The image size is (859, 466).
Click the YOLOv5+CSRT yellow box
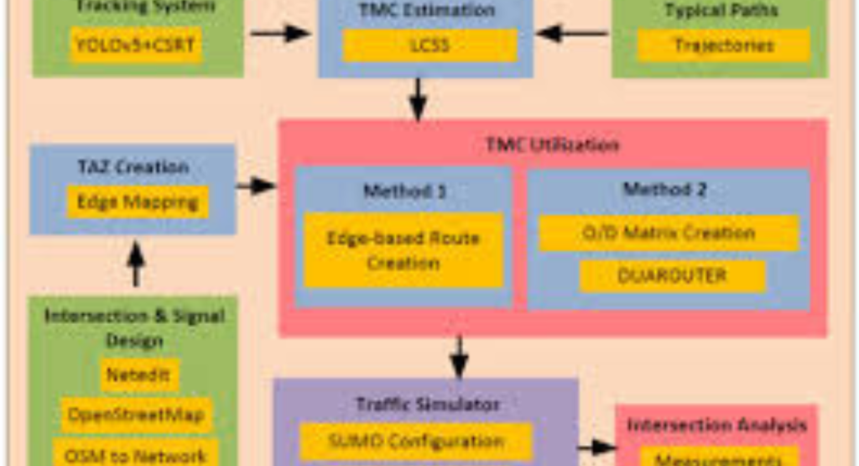click(x=136, y=45)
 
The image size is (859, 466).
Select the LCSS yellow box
click(x=429, y=45)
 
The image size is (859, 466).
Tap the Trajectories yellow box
click(x=723, y=45)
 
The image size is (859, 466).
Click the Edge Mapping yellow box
click(x=138, y=202)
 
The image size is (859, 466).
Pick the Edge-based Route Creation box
click(x=403, y=250)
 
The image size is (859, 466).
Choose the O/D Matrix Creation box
click(x=668, y=233)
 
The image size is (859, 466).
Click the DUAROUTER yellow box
click(x=672, y=275)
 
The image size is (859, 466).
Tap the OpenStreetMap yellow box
click(x=136, y=415)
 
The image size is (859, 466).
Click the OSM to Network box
click(x=136, y=454)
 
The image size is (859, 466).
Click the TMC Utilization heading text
click(x=552, y=145)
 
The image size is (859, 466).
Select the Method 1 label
click(x=403, y=191)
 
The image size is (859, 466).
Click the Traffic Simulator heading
click(x=428, y=404)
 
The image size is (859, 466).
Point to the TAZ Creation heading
click(x=133, y=166)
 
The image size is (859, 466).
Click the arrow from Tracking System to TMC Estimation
click(x=280, y=34)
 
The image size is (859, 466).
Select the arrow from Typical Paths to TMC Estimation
click(x=572, y=34)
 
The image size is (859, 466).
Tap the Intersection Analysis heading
click(x=717, y=425)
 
